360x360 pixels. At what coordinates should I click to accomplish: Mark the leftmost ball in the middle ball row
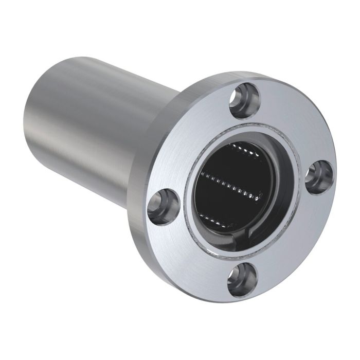pos(201,175)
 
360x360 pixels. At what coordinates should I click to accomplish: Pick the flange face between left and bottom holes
pos(190,252)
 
